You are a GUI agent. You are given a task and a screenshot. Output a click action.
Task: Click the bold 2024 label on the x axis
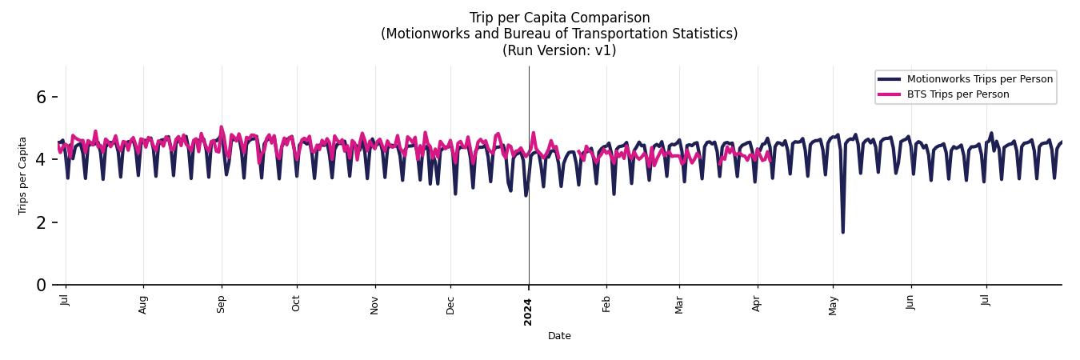(x=528, y=311)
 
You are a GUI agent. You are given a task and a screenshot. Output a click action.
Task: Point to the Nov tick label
(x=374, y=305)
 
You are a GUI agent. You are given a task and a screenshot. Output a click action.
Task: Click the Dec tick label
(x=450, y=305)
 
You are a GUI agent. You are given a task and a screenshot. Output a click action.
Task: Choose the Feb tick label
(x=606, y=304)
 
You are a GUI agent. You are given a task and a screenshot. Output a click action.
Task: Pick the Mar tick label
(x=679, y=305)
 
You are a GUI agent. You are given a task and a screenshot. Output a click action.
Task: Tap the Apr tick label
(x=757, y=304)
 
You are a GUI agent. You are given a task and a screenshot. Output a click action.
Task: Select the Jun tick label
(x=910, y=303)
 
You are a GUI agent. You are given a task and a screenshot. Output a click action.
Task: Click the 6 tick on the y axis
(x=42, y=97)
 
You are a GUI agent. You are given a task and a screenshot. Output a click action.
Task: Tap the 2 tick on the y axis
(x=42, y=222)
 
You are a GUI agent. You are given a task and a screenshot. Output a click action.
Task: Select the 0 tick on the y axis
(x=42, y=285)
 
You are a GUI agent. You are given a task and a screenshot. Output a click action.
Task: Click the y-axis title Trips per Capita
(x=23, y=175)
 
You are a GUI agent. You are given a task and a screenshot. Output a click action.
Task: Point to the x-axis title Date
(x=559, y=336)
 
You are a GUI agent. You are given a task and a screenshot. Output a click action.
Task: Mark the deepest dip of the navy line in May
(x=842, y=232)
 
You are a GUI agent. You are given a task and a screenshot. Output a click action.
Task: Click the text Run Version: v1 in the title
(x=559, y=50)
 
